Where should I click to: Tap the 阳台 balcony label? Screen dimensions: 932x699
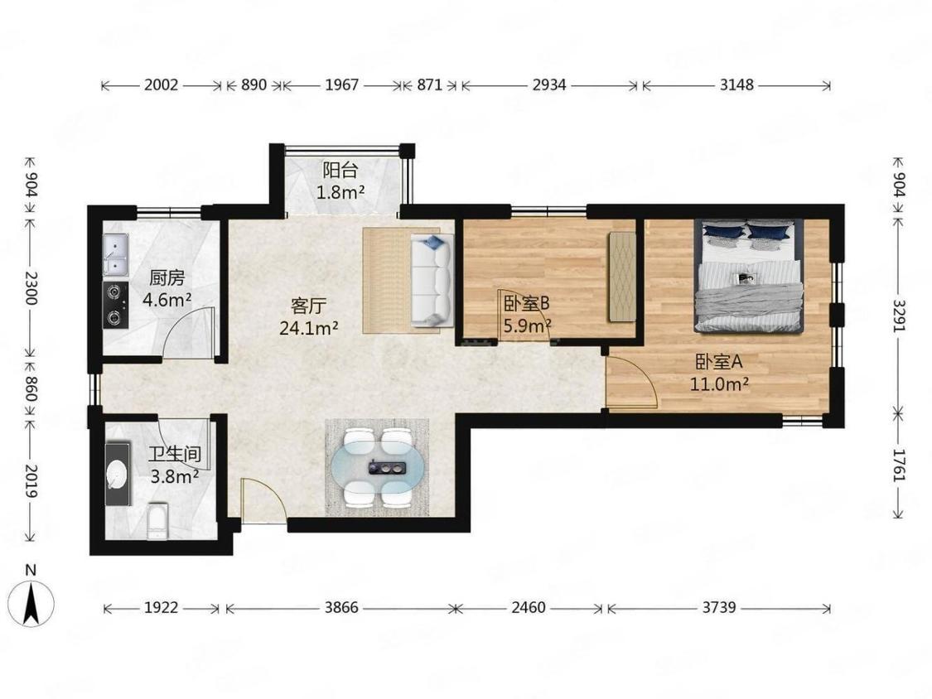point(340,171)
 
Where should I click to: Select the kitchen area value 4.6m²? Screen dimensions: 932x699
point(167,300)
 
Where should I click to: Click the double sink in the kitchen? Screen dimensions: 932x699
point(115,254)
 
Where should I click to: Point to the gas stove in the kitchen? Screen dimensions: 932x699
point(115,305)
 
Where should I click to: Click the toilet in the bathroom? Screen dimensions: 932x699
point(157,521)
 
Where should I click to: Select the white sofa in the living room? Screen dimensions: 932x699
point(432,280)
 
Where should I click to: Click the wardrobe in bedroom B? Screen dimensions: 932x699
point(621,277)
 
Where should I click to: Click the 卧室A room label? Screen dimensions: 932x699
point(719,362)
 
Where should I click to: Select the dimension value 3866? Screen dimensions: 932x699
point(341,607)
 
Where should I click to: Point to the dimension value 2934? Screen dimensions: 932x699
point(548,85)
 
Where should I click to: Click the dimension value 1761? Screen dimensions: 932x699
point(899,465)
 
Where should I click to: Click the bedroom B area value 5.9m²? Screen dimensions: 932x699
point(527,325)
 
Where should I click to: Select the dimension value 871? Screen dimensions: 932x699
point(429,85)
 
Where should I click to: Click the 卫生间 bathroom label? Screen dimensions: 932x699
point(175,455)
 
